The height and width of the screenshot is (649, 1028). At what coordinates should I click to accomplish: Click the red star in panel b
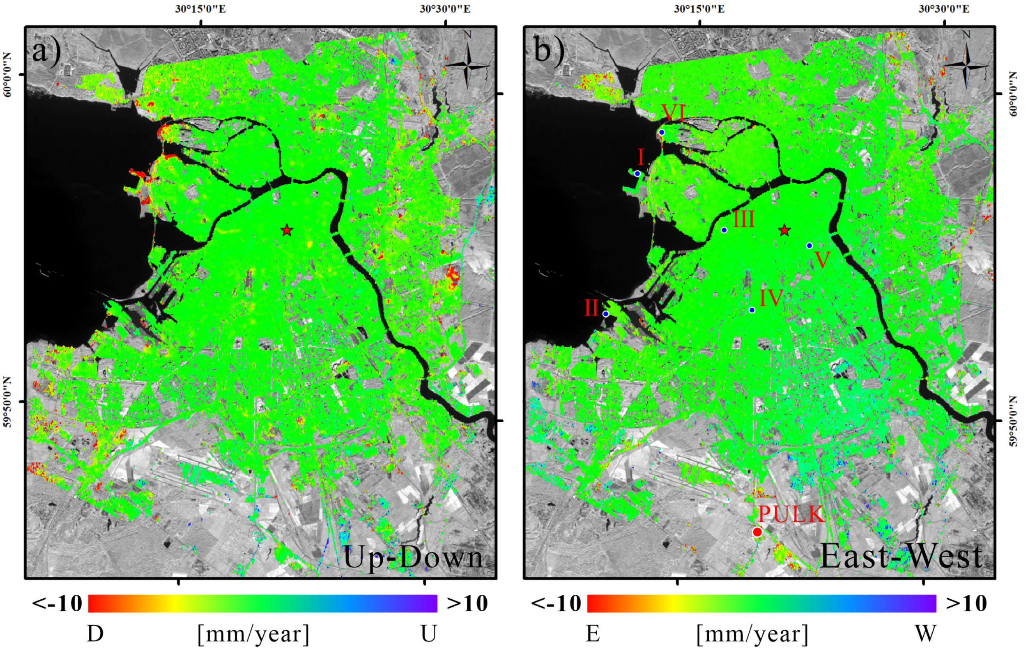click(x=784, y=230)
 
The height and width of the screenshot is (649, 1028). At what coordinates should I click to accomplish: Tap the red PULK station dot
click(x=757, y=532)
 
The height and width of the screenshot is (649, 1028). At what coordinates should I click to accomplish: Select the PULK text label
click(x=791, y=515)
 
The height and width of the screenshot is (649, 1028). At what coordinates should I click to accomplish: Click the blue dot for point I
click(x=637, y=174)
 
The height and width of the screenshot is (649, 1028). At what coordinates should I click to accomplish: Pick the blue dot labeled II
click(x=605, y=314)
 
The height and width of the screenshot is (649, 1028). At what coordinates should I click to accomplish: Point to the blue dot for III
click(x=724, y=230)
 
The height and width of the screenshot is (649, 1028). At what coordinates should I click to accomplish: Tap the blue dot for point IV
click(x=752, y=310)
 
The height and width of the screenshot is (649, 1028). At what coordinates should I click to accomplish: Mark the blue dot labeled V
click(x=809, y=246)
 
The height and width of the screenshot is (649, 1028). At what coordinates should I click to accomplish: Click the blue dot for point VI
click(x=662, y=132)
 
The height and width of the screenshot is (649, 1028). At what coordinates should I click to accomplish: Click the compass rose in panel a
click(x=468, y=64)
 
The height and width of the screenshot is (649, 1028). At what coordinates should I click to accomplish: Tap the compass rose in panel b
click(x=966, y=64)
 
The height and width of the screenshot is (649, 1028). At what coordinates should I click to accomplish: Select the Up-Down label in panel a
click(x=413, y=557)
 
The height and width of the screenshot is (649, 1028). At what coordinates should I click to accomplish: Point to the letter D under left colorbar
click(x=95, y=634)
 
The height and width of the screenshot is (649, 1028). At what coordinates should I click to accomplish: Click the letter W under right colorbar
click(x=926, y=634)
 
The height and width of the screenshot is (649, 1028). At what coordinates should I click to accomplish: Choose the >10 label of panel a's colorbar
click(x=467, y=604)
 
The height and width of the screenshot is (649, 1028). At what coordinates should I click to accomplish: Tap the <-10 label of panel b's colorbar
click(x=556, y=604)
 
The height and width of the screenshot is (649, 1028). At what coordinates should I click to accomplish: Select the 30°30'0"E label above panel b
click(x=944, y=9)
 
